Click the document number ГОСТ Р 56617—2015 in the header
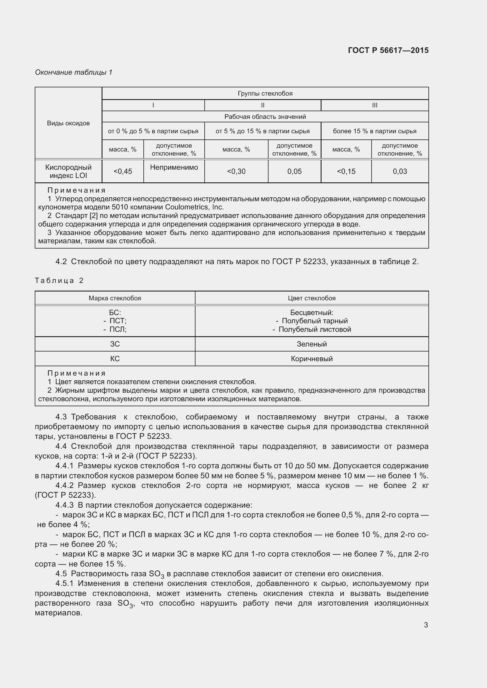[388, 50]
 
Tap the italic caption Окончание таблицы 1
[74, 72]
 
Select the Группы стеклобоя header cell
[265, 94]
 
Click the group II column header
[262, 105]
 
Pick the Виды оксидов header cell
[68, 123]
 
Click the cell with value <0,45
[123, 171]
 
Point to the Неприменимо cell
[174, 167]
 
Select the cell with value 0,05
[294, 171]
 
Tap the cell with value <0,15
[346, 171]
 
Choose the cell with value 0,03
[400, 171]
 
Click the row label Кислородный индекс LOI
[68, 171]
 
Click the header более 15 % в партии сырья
[375, 131]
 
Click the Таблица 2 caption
[59, 281]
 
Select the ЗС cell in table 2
[115, 344]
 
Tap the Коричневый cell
[312, 359]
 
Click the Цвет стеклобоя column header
[312, 298]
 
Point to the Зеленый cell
[312, 344]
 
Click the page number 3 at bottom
[425, 625]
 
